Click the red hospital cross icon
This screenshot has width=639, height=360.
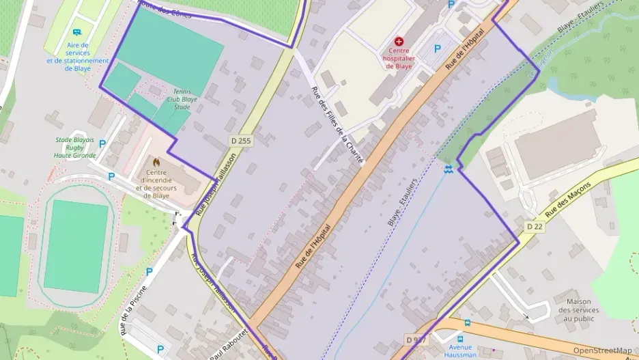point(399,42)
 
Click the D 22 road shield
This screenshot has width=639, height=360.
point(535,226)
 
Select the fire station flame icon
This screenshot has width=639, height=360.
point(157,163)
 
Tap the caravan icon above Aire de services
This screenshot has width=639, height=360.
point(77,32)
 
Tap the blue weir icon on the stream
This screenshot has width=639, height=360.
point(448,168)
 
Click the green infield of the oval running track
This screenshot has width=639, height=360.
point(76,246)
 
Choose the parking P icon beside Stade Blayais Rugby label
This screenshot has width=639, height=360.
point(102,144)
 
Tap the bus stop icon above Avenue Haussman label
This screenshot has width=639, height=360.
point(467,322)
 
